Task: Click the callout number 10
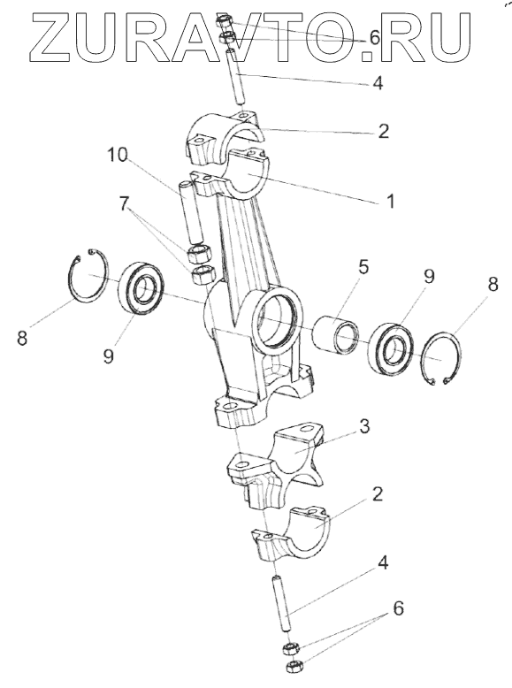tap(118, 155)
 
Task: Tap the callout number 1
tap(390, 201)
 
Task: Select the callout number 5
tap(363, 267)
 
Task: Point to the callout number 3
tap(364, 426)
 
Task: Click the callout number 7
tap(124, 203)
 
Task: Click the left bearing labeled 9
tap(141, 287)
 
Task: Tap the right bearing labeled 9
tap(391, 348)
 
